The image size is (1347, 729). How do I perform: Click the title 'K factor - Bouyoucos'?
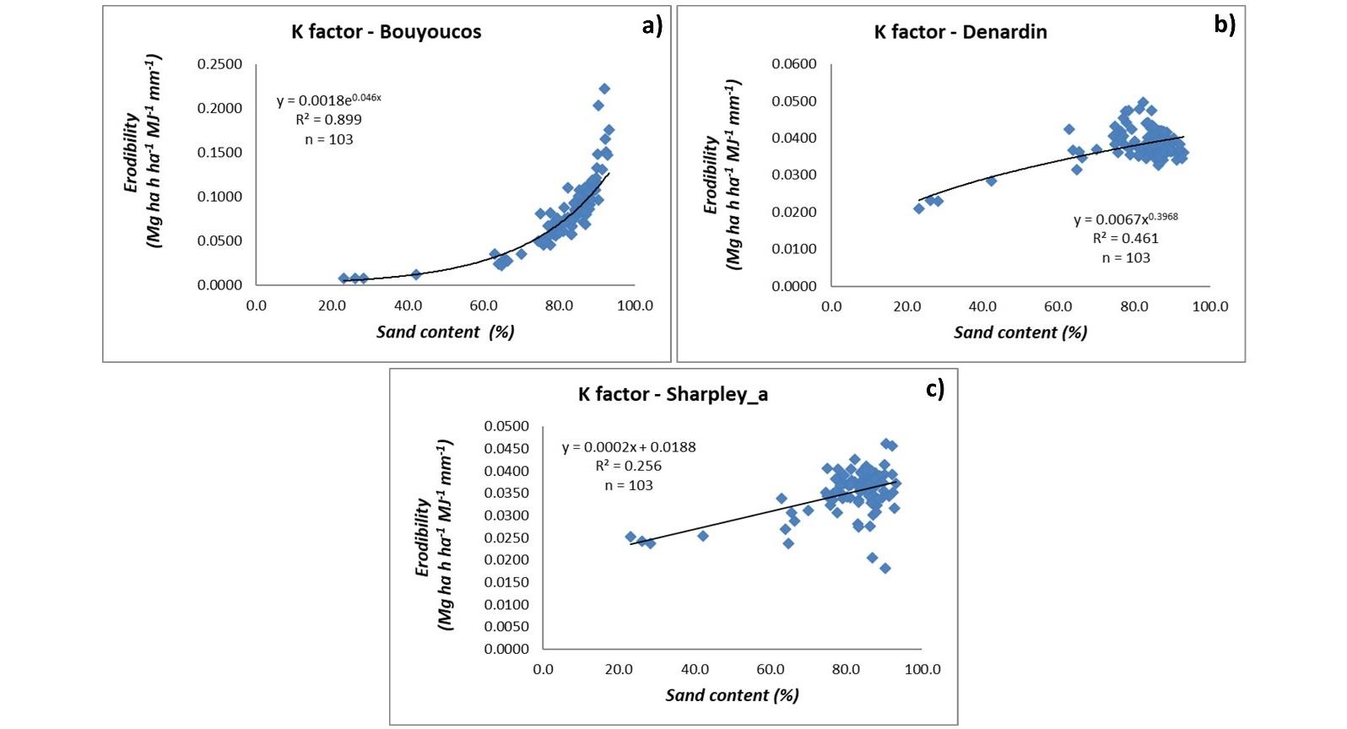tap(387, 32)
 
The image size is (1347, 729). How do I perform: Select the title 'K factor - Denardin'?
tap(960, 32)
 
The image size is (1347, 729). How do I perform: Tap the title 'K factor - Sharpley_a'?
tap(673, 394)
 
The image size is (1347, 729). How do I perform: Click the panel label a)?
tap(652, 25)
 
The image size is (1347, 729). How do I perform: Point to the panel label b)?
tap(1225, 24)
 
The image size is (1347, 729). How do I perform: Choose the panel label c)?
tap(935, 388)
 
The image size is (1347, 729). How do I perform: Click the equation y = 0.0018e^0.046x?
tap(329, 100)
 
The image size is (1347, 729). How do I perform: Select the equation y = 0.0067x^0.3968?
tap(1126, 219)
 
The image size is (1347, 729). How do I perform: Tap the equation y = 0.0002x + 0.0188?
tap(629, 447)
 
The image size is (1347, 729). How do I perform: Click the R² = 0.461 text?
tap(1126, 239)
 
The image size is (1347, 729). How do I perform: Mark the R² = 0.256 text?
tap(629, 466)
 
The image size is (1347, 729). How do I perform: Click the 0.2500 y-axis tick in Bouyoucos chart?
tap(219, 64)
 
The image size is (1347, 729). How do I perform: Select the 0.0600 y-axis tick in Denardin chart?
tap(794, 64)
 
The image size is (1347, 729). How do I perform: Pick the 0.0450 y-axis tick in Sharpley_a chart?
tap(506, 449)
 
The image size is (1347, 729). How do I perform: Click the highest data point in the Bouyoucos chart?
tap(604, 89)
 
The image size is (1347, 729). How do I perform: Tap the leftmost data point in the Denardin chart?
tap(919, 208)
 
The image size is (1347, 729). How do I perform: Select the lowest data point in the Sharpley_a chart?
tap(884, 569)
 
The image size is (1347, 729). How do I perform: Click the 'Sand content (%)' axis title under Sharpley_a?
tap(732, 695)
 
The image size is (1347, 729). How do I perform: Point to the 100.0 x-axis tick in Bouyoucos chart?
tap(635, 305)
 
